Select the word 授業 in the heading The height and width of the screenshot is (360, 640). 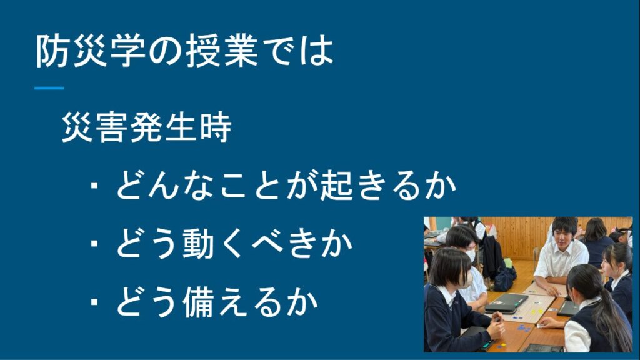click(x=222, y=51)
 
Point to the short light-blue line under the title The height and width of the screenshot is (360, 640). click(x=49, y=87)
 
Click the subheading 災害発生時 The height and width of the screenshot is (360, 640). click(x=146, y=127)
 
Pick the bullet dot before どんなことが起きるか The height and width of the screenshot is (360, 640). click(x=94, y=185)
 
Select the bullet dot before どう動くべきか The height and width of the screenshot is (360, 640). click(x=94, y=244)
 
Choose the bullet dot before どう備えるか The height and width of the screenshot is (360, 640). click(x=94, y=302)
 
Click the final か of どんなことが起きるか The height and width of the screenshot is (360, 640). click(x=440, y=185)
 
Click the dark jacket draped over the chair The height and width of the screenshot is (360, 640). click(x=492, y=255)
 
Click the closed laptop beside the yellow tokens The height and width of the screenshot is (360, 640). click(x=506, y=302)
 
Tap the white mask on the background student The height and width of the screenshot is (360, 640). click(x=471, y=256)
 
